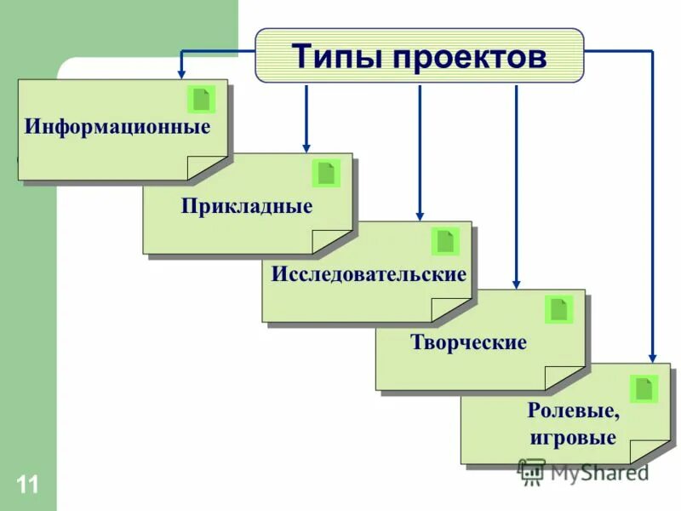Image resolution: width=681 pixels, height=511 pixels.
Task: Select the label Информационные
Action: click(117, 129)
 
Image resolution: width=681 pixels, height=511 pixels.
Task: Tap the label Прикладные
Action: click(247, 205)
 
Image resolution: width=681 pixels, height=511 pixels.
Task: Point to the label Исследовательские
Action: click(369, 274)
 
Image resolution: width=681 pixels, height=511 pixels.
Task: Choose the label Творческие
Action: click(469, 342)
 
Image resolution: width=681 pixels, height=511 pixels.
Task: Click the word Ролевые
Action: click(573, 411)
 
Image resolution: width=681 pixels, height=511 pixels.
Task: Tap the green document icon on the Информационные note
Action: click(201, 100)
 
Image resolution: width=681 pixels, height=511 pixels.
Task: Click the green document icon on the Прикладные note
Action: click(326, 173)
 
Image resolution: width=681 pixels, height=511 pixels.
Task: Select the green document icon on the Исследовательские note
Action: click(445, 241)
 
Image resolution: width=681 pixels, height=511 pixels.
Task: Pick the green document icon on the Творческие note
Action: click(558, 309)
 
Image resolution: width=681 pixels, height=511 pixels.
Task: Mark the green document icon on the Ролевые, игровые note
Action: click(644, 389)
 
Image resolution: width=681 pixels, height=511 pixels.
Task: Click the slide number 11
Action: click(26, 485)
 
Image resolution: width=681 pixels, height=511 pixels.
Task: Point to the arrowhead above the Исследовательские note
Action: click(419, 214)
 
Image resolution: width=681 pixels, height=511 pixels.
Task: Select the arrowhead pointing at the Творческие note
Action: click(515, 282)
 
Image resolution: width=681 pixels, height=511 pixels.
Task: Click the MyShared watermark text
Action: click(598, 471)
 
